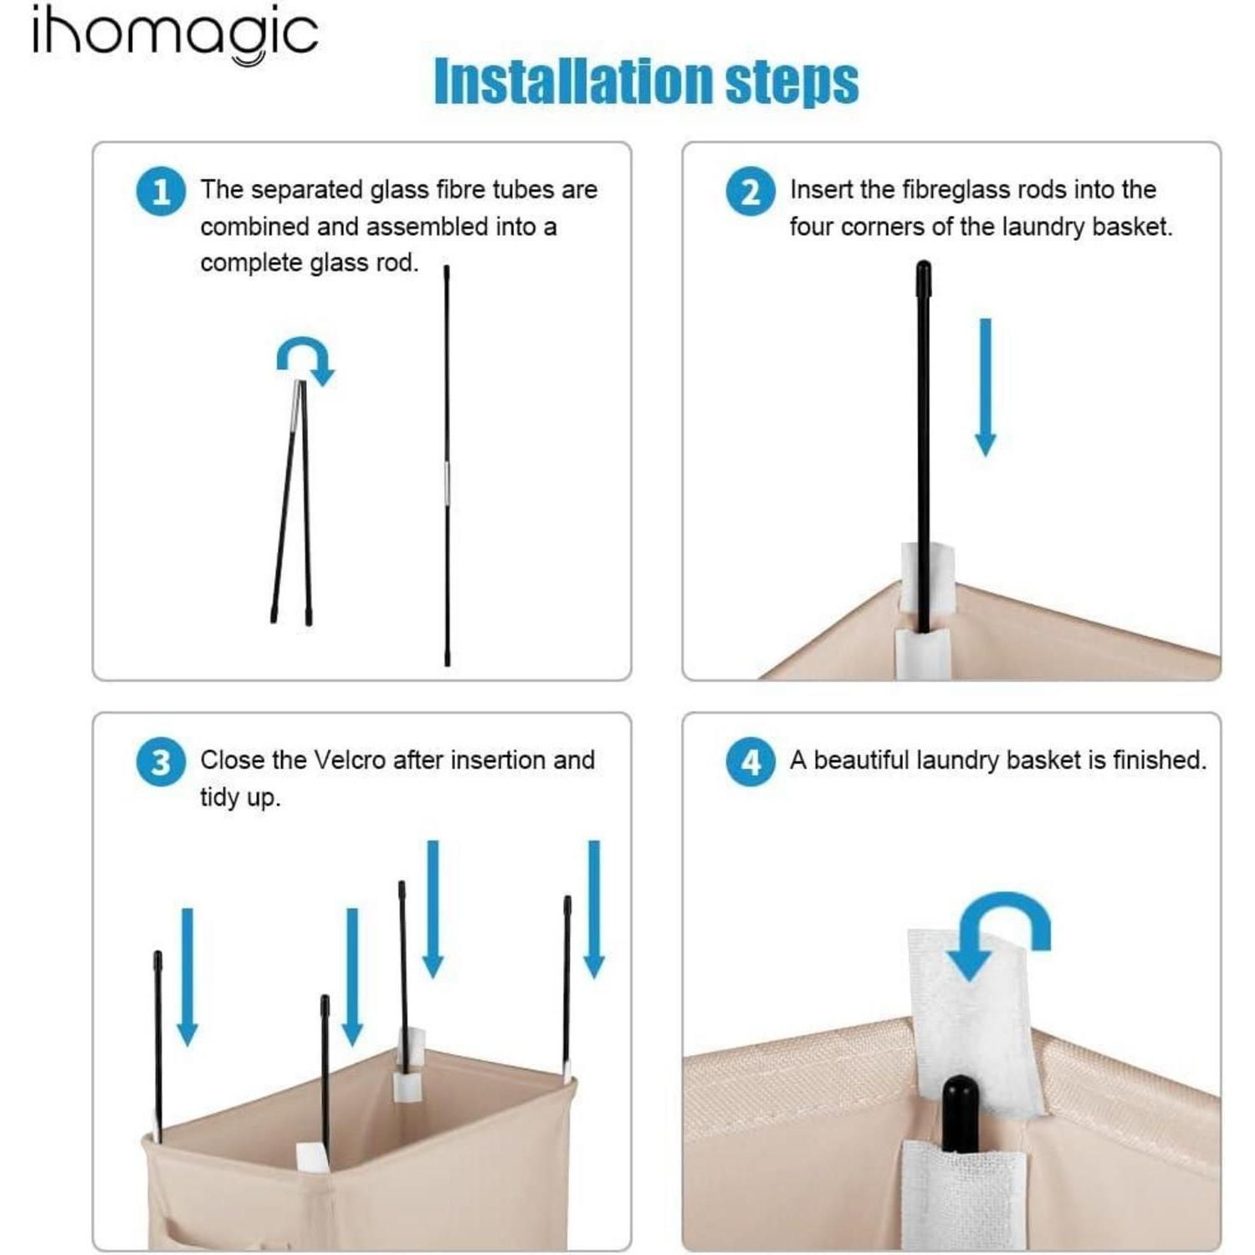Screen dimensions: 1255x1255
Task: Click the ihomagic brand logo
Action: click(x=175, y=36)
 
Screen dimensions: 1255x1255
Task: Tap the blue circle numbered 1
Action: click(x=161, y=192)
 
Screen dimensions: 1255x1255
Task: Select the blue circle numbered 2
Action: click(x=750, y=192)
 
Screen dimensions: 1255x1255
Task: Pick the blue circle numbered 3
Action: click(x=161, y=762)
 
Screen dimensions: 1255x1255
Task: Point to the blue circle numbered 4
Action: click(x=750, y=762)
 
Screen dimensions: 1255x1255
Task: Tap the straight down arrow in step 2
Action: click(x=986, y=387)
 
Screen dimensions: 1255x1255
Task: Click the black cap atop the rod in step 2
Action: click(x=924, y=273)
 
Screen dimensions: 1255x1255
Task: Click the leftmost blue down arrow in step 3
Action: click(x=187, y=976)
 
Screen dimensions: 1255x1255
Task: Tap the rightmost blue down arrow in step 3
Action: click(x=594, y=909)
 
